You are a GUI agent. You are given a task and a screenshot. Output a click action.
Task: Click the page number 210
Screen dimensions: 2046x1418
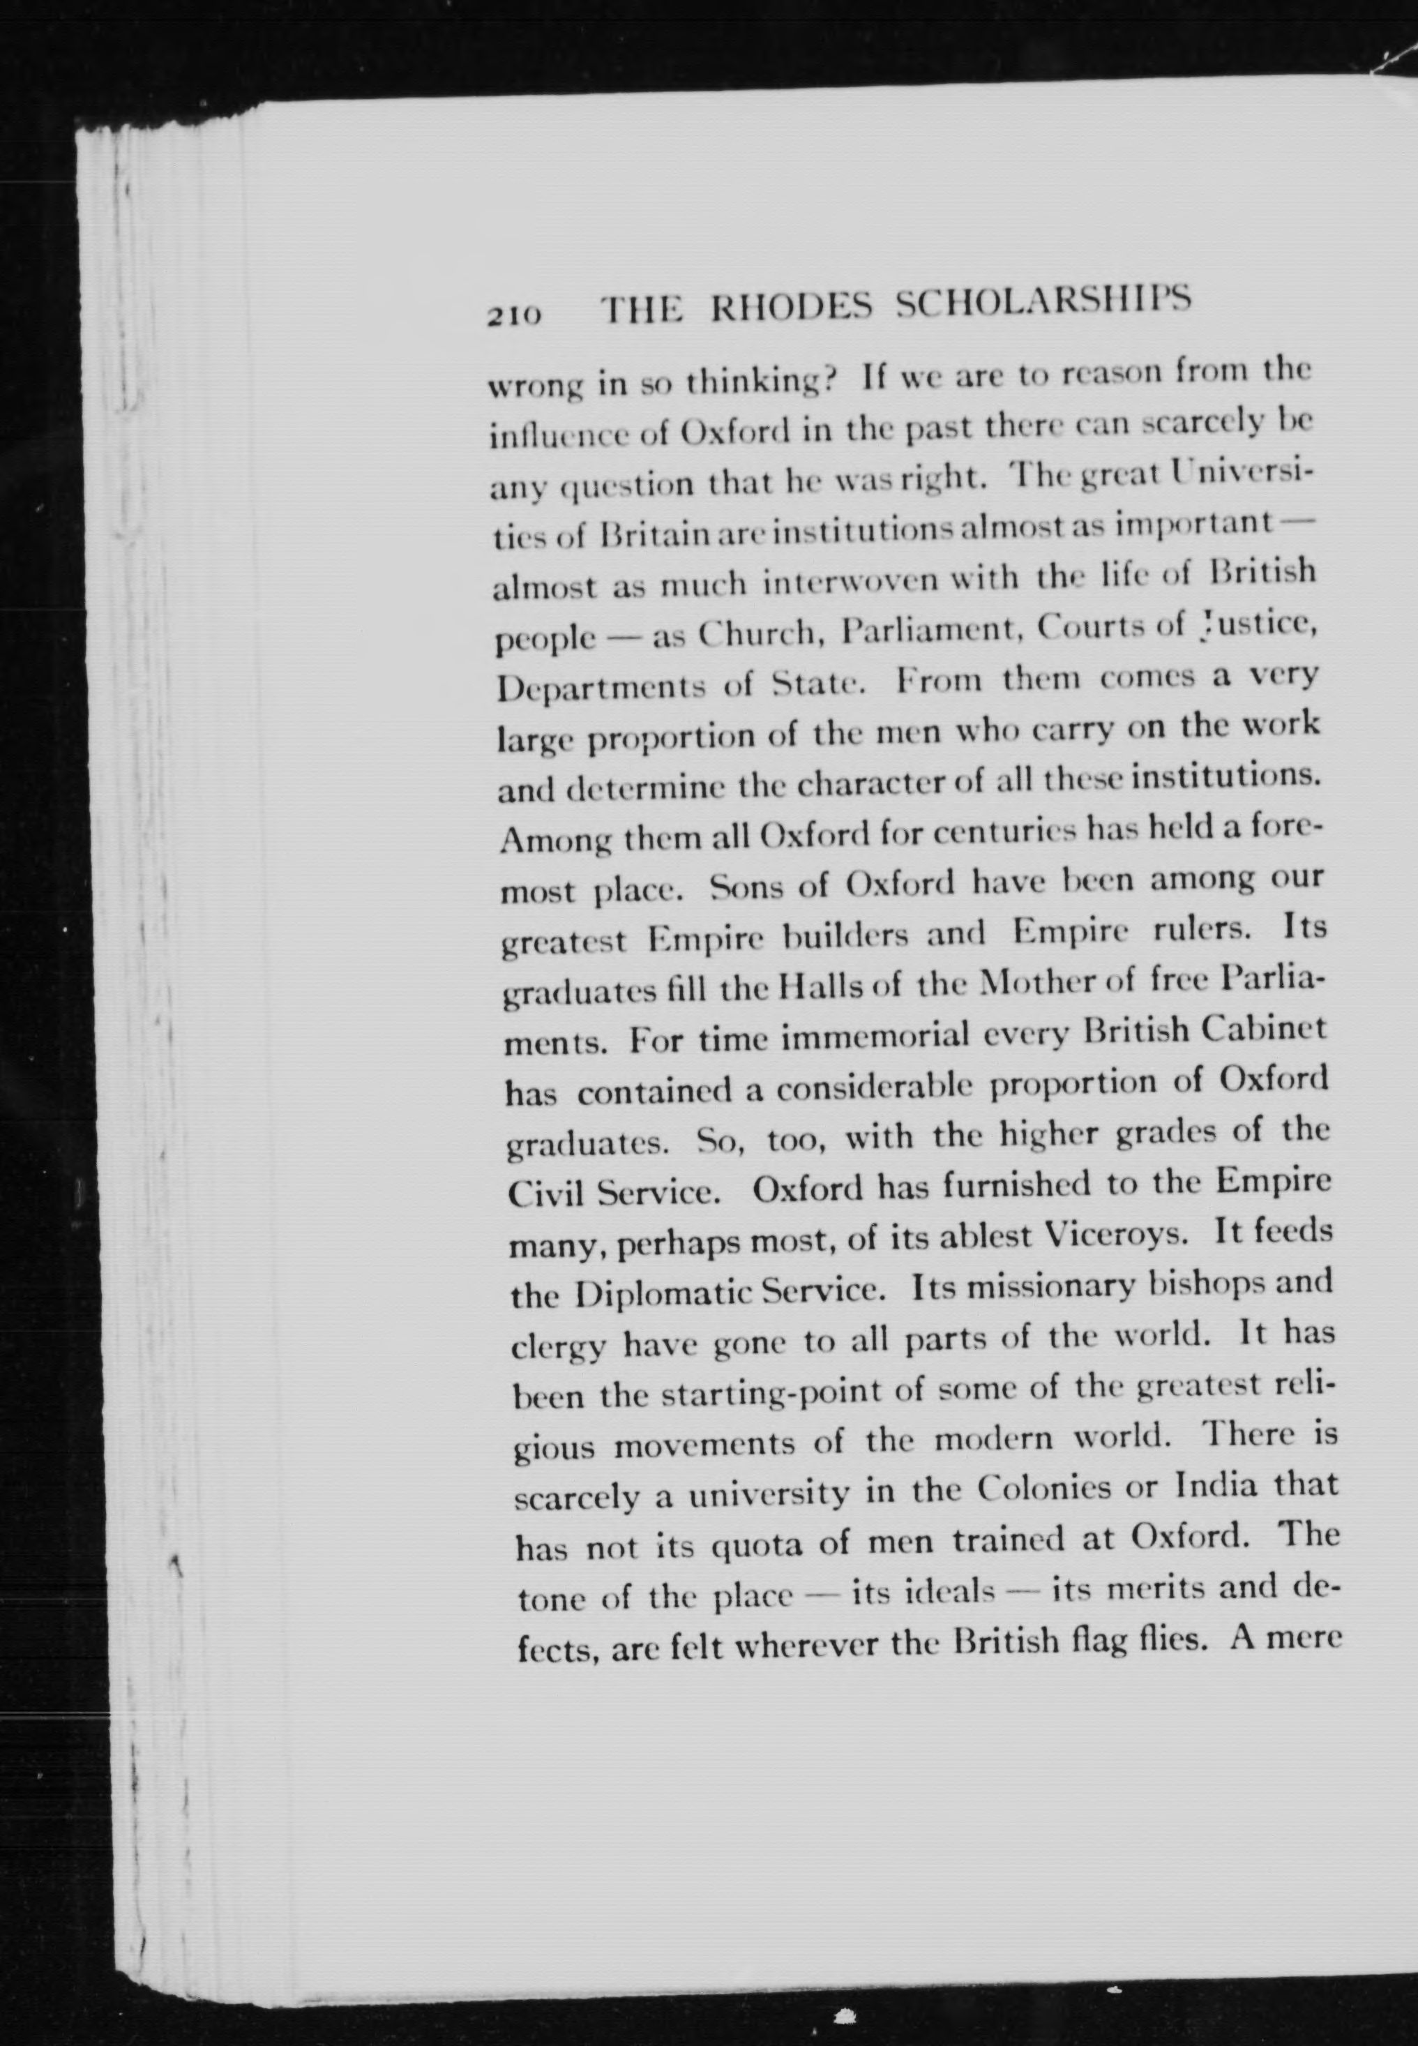click(x=513, y=315)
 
